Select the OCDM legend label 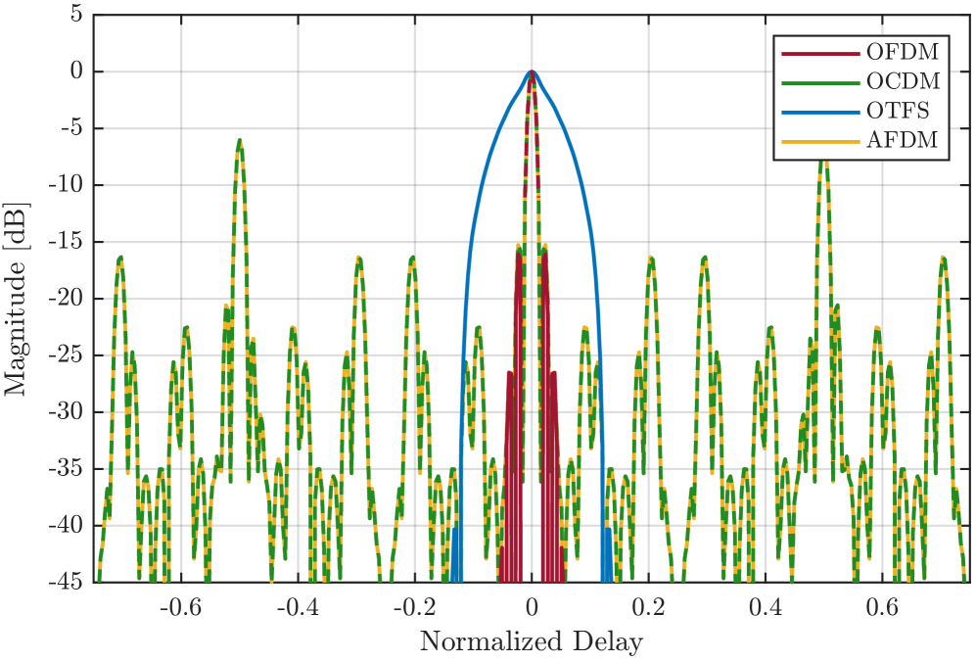coord(902,81)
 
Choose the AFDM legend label coord(902,140)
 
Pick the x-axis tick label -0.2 coord(413,608)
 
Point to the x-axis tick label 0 coord(532,608)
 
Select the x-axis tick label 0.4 coord(765,608)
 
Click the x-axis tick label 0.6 coord(882,608)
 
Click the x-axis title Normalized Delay coord(532,642)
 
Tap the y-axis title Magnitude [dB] coord(17,299)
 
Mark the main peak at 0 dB coord(532,71)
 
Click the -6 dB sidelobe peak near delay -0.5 coord(239,140)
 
